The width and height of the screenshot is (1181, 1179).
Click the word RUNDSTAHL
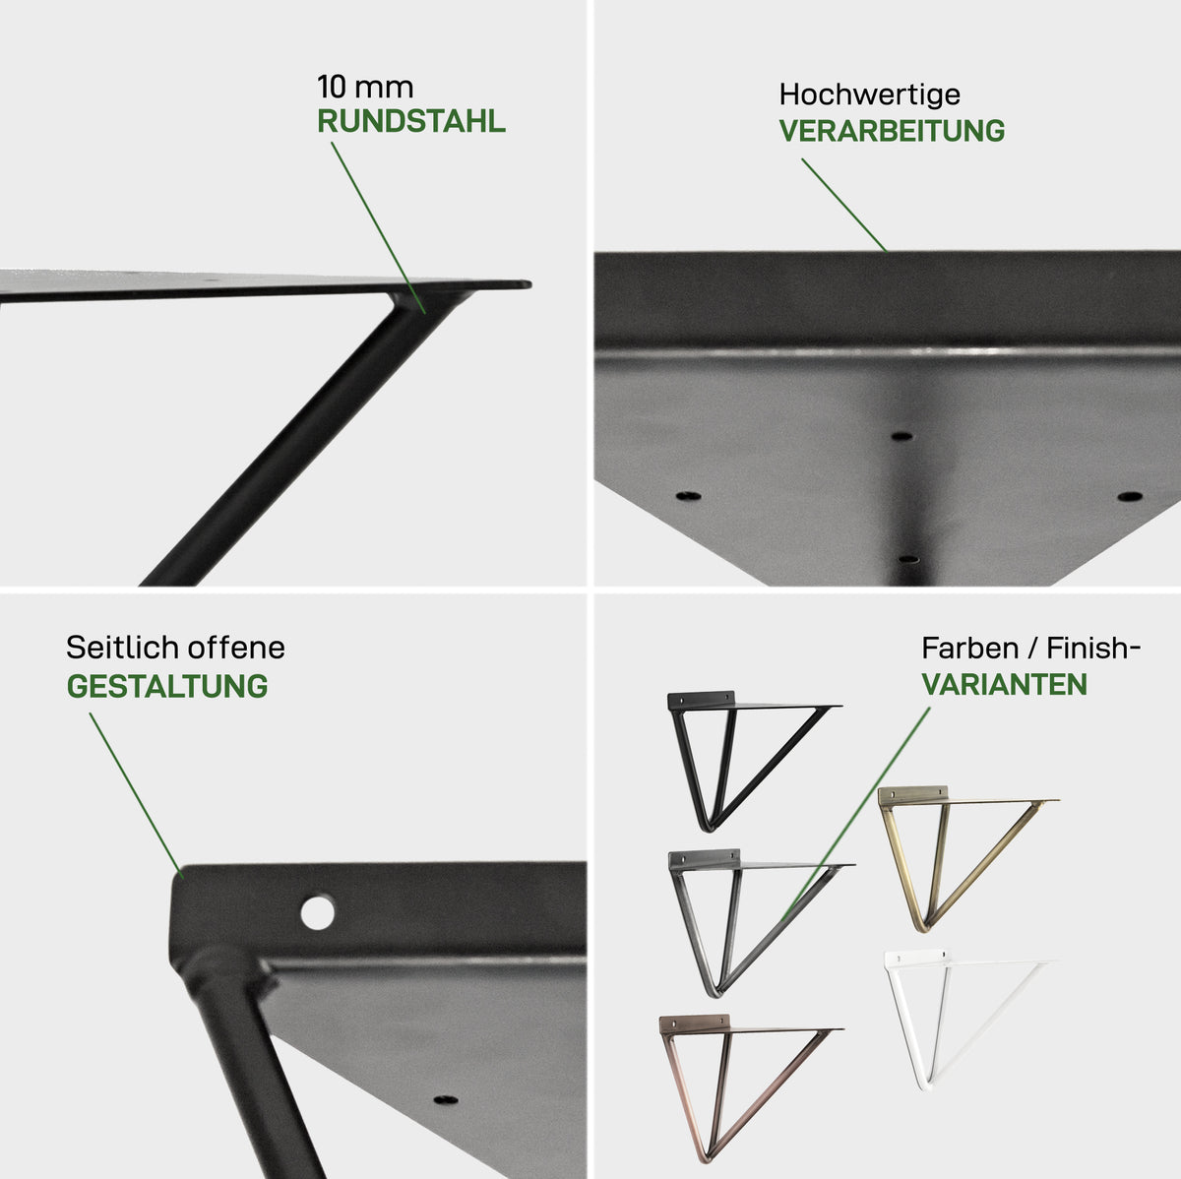pyautogui.click(x=410, y=121)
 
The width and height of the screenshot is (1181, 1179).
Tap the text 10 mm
pyautogui.click(x=365, y=87)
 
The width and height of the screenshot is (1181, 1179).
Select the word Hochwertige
pyautogui.click(x=870, y=95)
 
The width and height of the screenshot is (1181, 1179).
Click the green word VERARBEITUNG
pyautogui.click(x=892, y=131)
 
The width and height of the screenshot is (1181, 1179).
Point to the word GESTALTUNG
pyautogui.click(x=167, y=686)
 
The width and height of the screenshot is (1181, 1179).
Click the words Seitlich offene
pyautogui.click(x=176, y=648)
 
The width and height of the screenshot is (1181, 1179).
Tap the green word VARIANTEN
pyautogui.click(x=1005, y=684)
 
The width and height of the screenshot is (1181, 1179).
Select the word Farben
pyautogui.click(x=969, y=648)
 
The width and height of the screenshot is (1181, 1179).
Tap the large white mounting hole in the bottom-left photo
pyautogui.click(x=318, y=912)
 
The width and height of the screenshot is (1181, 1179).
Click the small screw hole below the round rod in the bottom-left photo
pyautogui.click(x=446, y=1099)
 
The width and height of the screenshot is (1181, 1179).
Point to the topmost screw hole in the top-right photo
pyautogui.click(x=901, y=437)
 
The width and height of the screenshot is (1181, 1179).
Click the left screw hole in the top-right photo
pyautogui.click(x=688, y=495)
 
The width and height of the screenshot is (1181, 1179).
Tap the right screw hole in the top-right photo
pyautogui.click(x=1130, y=496)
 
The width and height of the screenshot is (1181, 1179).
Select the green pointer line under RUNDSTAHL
pyautogui.click(x=378, y=228)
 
